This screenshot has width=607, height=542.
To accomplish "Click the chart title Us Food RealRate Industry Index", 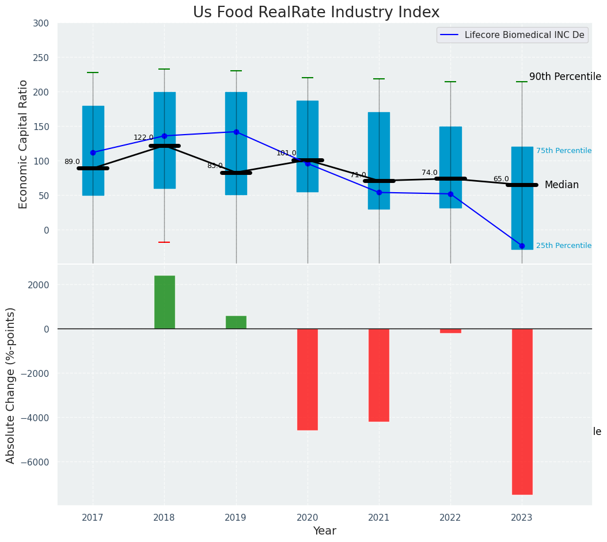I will [316, 13].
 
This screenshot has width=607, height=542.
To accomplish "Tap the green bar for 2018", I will [165, 302].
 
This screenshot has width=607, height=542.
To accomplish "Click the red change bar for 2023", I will [522, 411].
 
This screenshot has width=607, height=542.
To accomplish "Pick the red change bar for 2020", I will [308, 379].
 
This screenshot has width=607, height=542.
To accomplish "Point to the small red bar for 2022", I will [450, 331].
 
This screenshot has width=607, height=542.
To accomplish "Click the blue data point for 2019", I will [236, 132].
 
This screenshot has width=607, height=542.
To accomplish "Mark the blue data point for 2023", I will [522, 246].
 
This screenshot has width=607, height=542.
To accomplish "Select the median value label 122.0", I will [143, 138].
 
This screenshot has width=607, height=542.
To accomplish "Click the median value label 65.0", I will [501, 179].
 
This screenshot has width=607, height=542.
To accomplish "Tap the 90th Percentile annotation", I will [565, 77].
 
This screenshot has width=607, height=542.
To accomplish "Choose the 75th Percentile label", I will [564, 151].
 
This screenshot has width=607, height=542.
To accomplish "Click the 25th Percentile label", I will [564, 246].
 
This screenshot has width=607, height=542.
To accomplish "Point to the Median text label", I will [562, 185].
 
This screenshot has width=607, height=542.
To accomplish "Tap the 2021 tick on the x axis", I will [379, 518].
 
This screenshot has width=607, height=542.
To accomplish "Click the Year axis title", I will [325, 531].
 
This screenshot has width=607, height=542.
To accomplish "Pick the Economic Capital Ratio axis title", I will [24, 144].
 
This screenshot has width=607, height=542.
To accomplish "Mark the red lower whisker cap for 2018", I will [164, 242].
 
